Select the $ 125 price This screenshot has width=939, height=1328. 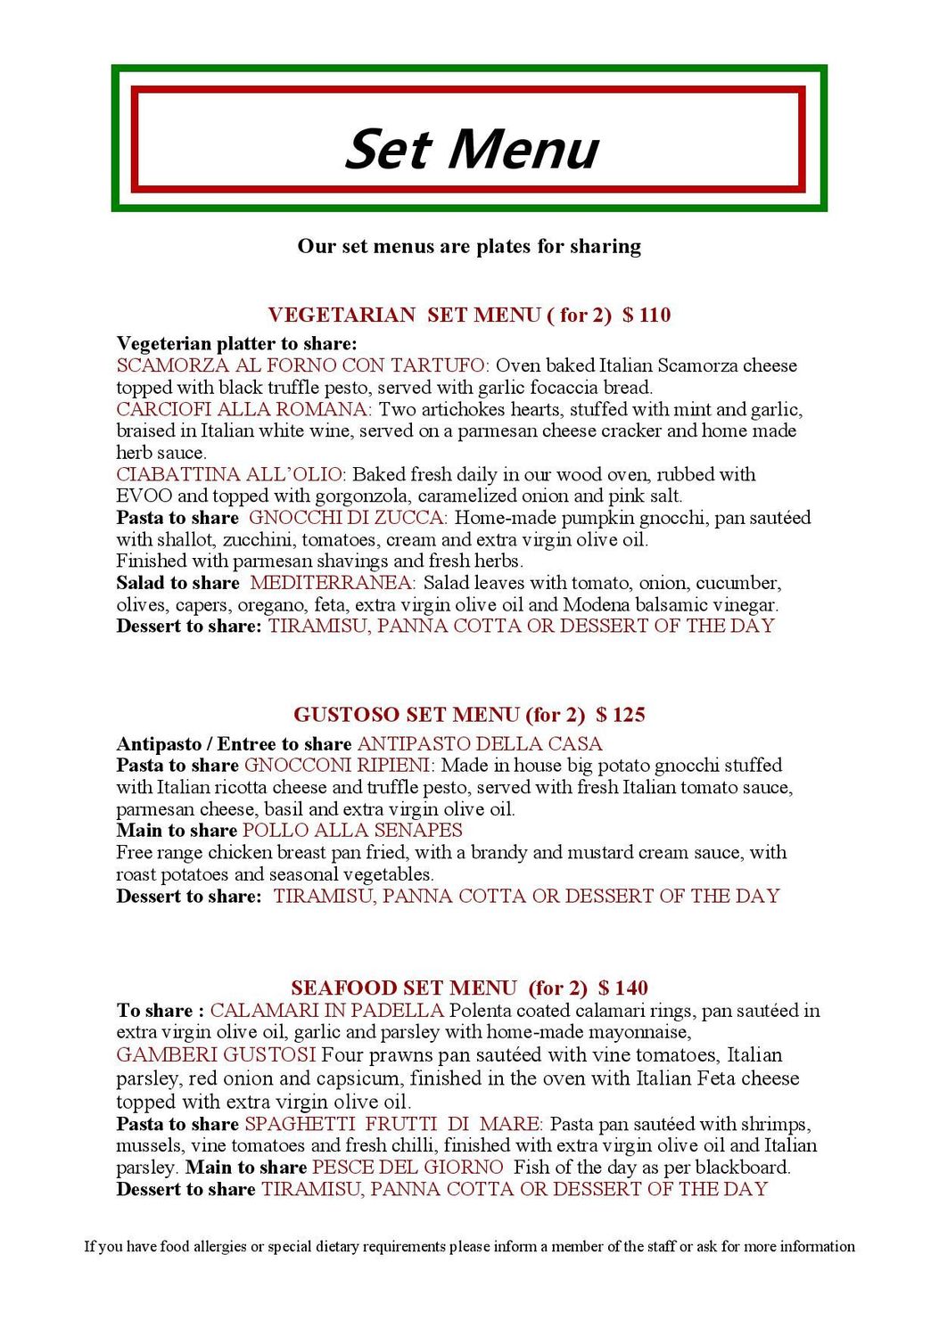point(621,715)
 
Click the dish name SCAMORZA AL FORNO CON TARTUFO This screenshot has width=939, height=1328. point(301,365)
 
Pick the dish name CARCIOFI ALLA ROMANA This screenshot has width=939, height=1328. point(243,409)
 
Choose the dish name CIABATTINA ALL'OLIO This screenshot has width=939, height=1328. point(230,474)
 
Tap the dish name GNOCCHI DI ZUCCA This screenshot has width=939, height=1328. point(348,518)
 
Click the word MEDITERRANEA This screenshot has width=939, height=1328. point(331,583)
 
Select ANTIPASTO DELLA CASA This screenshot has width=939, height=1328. point(480,743)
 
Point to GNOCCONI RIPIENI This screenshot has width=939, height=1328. point(338,766)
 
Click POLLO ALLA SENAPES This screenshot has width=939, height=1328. point(352,831)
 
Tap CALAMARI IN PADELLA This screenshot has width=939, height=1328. point(326,1011)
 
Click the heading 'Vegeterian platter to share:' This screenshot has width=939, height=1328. point(236,344)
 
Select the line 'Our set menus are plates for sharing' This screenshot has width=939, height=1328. point(469,246)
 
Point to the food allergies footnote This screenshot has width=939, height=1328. point(469,1246)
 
